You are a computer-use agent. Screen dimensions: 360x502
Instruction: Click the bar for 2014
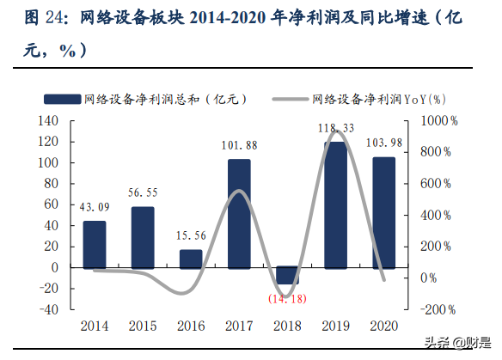tap(95, 245)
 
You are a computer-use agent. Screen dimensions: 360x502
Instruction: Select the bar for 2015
tap(143, 238)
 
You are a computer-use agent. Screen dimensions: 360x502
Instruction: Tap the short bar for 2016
tap(191, 259)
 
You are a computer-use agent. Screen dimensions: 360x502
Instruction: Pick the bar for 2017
tap(239, 214)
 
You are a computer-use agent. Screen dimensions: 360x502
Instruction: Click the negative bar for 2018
tap(287, 276)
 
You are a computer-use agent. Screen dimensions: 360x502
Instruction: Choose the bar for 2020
tap(383, 213)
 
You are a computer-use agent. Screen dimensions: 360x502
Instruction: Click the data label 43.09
tap(95, 208)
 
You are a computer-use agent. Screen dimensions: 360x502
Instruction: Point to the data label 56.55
tap(143, 193)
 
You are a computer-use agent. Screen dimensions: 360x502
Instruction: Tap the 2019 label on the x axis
tap(335, 326)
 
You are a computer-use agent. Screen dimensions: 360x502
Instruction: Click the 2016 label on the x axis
tap(191, 326)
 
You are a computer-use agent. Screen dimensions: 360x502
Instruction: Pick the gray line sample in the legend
tap(289, 99)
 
